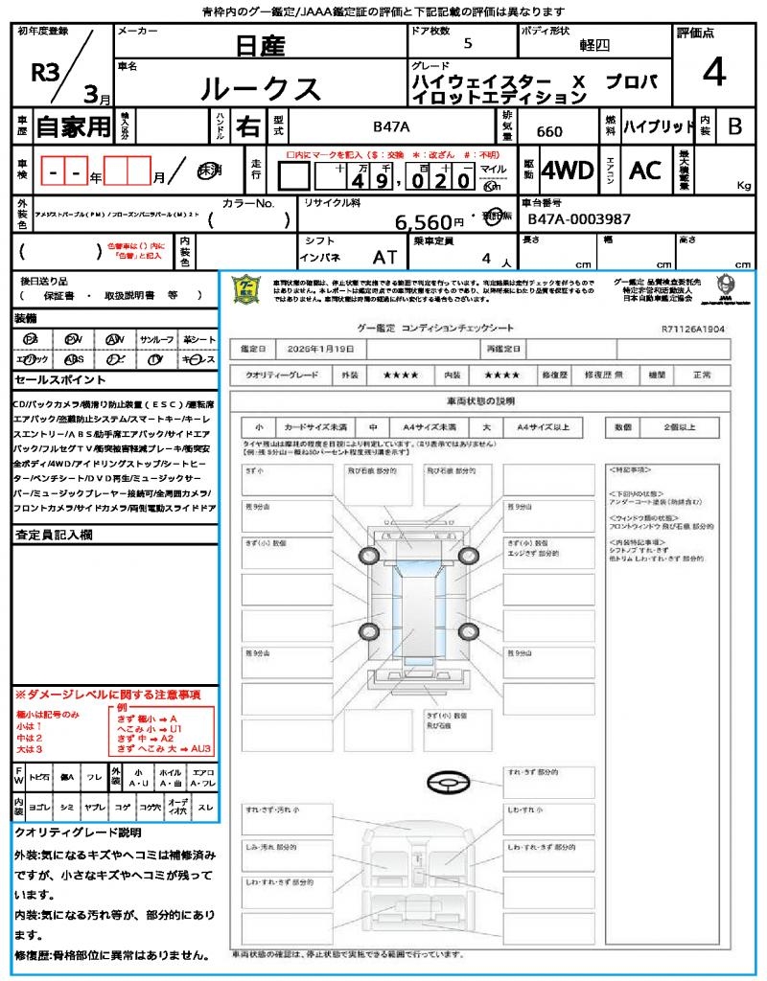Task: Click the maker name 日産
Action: pos(259,45)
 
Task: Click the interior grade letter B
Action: pos(734,126)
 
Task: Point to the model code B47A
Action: pos(391,126)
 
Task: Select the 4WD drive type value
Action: pos(567,171)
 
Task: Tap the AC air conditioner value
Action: pos(644,171)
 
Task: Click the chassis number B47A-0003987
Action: pos(579,219)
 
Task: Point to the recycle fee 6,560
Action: pos(423,222)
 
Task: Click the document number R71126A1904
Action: pos(692,328)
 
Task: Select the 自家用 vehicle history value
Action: pos(73,126)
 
